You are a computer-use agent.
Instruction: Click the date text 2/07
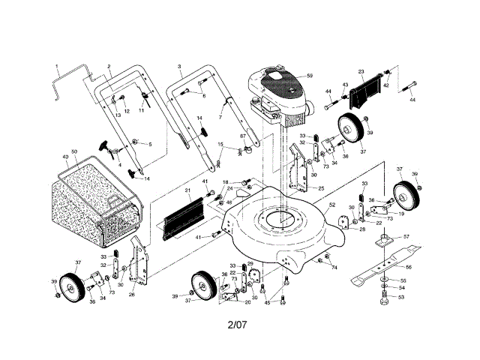238,325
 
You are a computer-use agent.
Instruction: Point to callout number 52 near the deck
331,203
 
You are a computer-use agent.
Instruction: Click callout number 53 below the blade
400,297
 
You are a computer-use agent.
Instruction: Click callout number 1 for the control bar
56,66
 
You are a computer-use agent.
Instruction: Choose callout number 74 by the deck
334,267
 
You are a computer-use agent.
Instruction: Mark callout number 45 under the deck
267,302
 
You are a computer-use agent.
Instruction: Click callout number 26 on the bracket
132,295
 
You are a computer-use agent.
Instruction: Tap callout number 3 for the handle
179,67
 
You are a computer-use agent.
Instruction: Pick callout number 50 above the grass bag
74,152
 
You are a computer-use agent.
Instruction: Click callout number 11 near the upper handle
141,110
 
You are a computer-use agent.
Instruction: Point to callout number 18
226,182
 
